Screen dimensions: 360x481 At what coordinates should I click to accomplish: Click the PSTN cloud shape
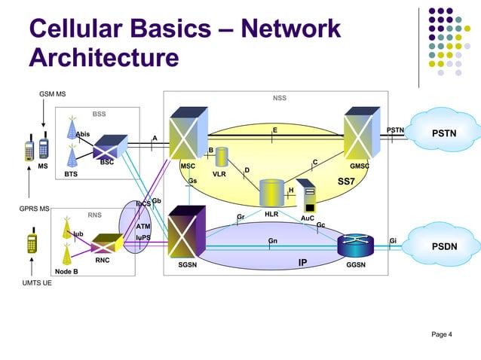tap(443, 134)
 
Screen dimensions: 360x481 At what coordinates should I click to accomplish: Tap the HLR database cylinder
tap(271, 193)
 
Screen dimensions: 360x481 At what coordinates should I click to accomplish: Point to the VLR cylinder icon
tap(222, 157)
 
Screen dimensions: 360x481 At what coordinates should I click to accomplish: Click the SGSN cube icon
tap(185, 235)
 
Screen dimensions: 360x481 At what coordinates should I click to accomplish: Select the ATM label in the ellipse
tap(143, 225)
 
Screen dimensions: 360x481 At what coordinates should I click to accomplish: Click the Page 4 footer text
tap(441, 334)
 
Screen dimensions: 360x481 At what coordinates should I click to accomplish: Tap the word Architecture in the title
tap(104, 58)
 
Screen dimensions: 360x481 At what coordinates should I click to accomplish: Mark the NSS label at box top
tap(279, 98)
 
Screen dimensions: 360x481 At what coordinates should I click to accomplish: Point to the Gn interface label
tap(273, 241)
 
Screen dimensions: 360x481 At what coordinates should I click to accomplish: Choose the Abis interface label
tap(82, 134)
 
